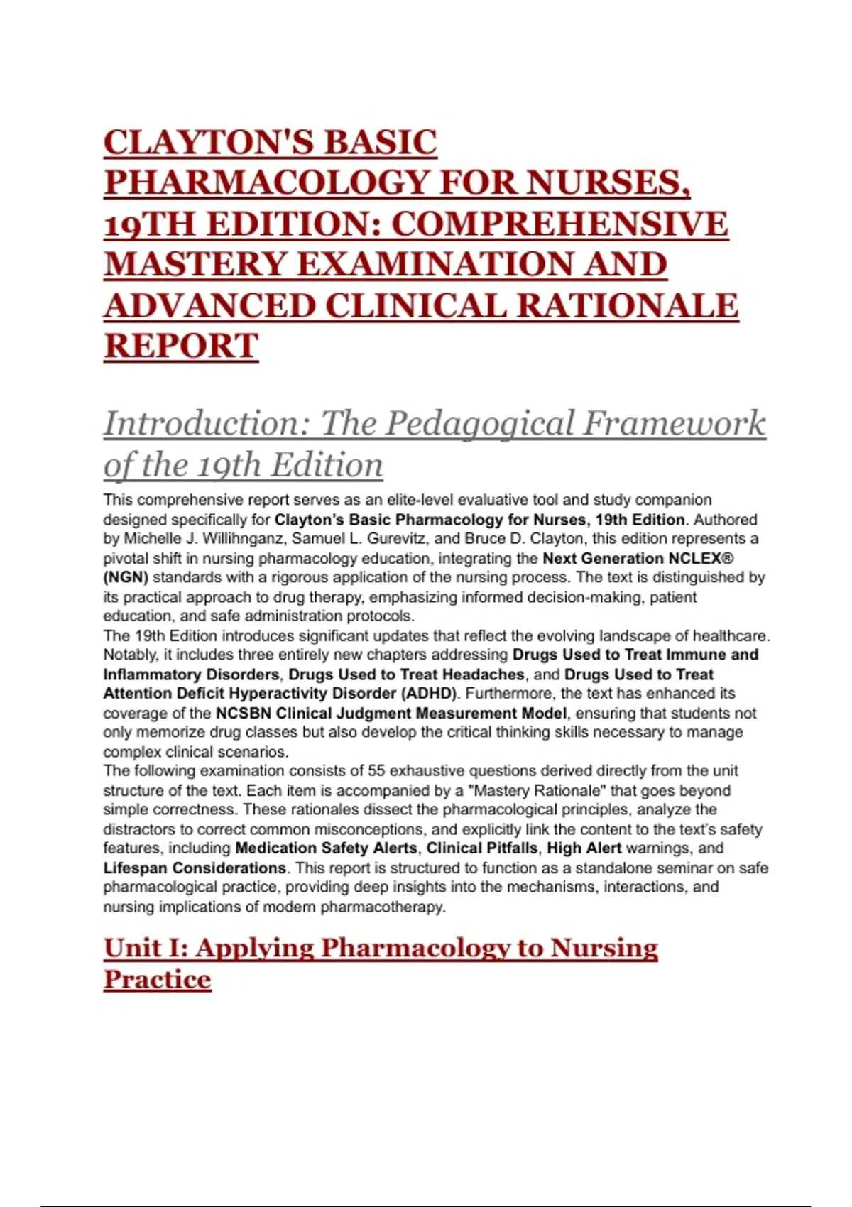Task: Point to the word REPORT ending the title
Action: [x=180, y=346]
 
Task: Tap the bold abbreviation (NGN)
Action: [x=126, y=577]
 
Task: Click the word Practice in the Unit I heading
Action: [x=158, y=980]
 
